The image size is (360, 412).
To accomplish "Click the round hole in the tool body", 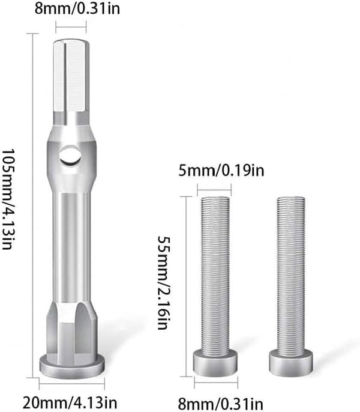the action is (x=70, y=156).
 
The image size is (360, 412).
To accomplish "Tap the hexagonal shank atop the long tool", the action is (x=71, y=76).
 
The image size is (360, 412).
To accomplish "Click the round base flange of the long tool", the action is (x=72, y=366).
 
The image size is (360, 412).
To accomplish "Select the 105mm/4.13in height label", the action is (x=8, y=199).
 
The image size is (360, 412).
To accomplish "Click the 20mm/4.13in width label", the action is (x=70, y=402).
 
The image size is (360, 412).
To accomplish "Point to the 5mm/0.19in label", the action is (x=221, y=171).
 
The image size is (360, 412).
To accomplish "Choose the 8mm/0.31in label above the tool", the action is (x=77, y=8).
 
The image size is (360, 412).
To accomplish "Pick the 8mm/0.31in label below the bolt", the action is (x=221, y=404).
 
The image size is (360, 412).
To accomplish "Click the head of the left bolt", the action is (x=215, y=362).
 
